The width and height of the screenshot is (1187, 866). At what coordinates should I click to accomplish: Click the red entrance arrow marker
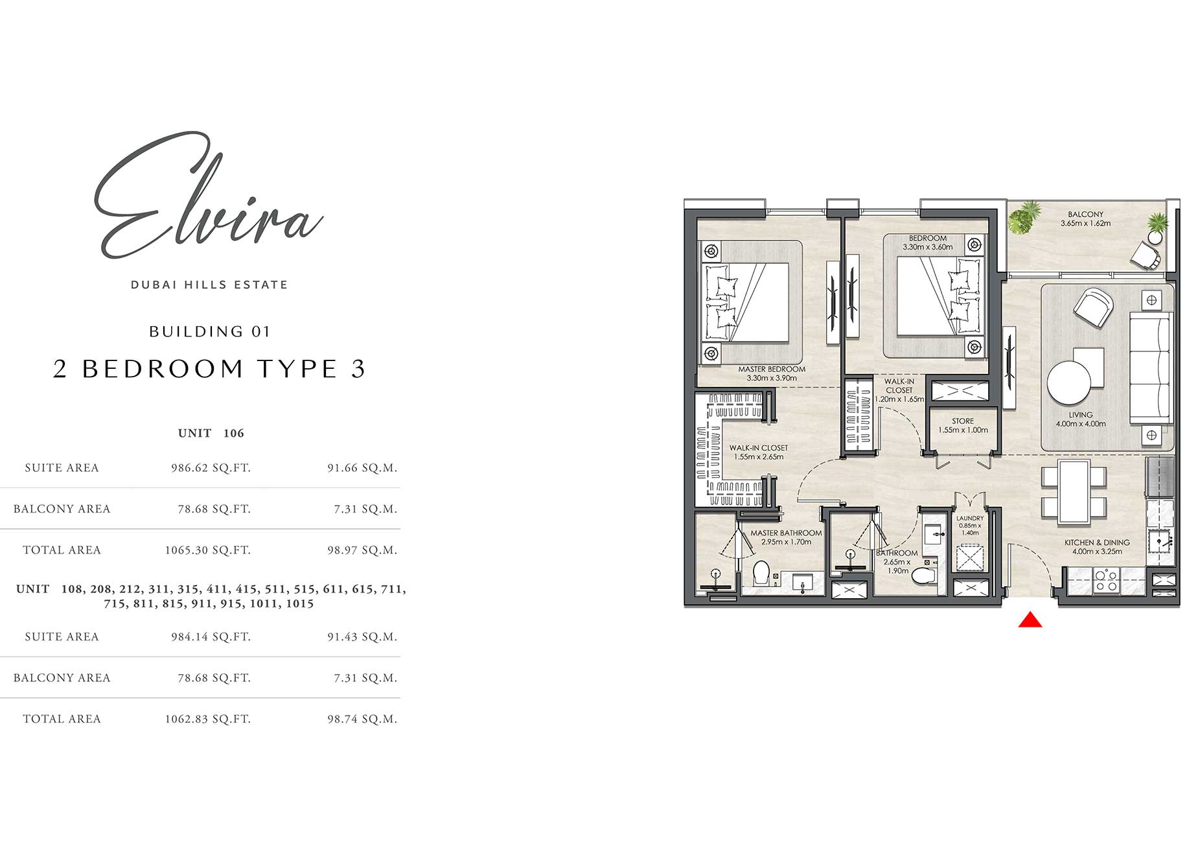pos(1030,620)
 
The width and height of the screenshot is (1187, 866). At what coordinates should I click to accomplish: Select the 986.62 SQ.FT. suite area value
pos(211,468)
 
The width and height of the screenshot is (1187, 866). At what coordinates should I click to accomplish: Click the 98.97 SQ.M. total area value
pos(362,550)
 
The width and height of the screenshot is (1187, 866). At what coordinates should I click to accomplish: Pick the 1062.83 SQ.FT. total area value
pos(207,719)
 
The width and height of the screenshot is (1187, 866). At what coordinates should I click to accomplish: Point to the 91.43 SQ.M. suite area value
pos(362,637)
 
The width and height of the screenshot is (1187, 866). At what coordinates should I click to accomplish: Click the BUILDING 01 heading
pos(209,332)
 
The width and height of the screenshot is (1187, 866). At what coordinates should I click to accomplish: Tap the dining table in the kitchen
pos(1074,492)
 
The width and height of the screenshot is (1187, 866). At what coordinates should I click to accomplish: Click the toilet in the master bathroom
pos(761,573)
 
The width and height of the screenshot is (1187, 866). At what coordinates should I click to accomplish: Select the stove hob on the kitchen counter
pos(1105,580)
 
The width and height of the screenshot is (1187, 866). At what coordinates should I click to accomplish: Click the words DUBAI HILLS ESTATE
pos(209,285)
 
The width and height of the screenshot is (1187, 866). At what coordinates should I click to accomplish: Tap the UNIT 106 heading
pos(211,433)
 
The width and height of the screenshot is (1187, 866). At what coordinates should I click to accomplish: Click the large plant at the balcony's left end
pos(1024,217)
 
